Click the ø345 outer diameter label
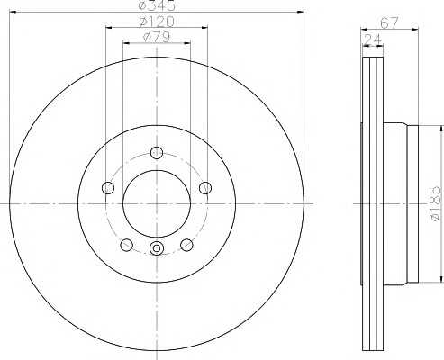[x=157, y=5]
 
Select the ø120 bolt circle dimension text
[x=157, y=22]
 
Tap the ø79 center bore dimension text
[x=157, y=37]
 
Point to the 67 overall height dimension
[x=389, y=23]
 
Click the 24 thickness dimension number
[x=373, y=40]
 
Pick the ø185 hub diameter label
[x=435, y=204]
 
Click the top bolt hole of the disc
[x=157, y=153]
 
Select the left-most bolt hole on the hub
[x=108, y=188]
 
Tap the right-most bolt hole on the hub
[x=205, y=188]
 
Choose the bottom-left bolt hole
[x=126, y=245]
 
